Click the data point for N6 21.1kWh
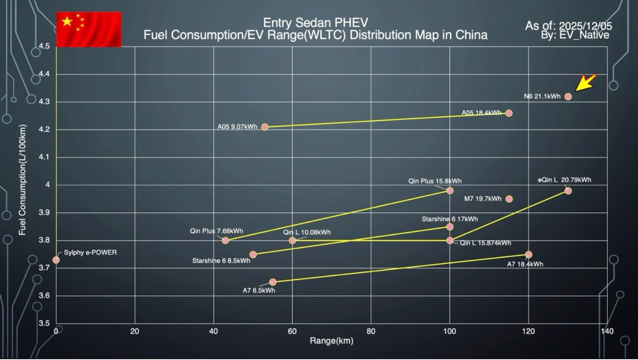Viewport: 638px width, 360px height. click(x=568, y=96)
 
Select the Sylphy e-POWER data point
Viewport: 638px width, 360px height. click(x=56, y=260)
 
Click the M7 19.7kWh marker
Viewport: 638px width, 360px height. click(x=509, y=199)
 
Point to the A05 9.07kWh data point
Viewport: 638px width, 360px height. click(x=265, y=127)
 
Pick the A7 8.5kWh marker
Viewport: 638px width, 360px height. click(x=273, y=282)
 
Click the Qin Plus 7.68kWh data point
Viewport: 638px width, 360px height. click(x=225, y=240)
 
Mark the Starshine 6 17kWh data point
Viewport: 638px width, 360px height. click(x=450, y=227)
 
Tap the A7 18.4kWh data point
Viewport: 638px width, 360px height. click(x=529, y=255)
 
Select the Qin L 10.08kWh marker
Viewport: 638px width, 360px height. click(x=292, y=240)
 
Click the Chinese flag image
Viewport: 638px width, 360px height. click(x=89, y=29)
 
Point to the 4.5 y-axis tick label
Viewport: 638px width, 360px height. click(x=44, y=46)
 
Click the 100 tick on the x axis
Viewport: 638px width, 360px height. click(x=450, y=332)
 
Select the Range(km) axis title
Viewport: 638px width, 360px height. click(x=331, y=341)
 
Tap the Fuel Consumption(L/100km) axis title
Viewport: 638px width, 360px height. click(x=23, y=180)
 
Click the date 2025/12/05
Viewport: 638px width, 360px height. click(x=585, y=26)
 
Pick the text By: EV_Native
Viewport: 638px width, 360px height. click(x=575, y=35)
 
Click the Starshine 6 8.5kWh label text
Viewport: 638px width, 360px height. click(x=221, y=261)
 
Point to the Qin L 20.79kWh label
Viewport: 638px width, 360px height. click(x=565, y=180)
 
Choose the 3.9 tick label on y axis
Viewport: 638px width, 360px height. click(x=44, y=213)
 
